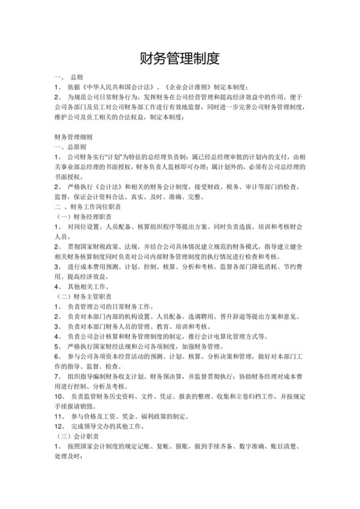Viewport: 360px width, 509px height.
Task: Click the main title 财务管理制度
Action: pyautogui.click(x=180, y=59)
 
